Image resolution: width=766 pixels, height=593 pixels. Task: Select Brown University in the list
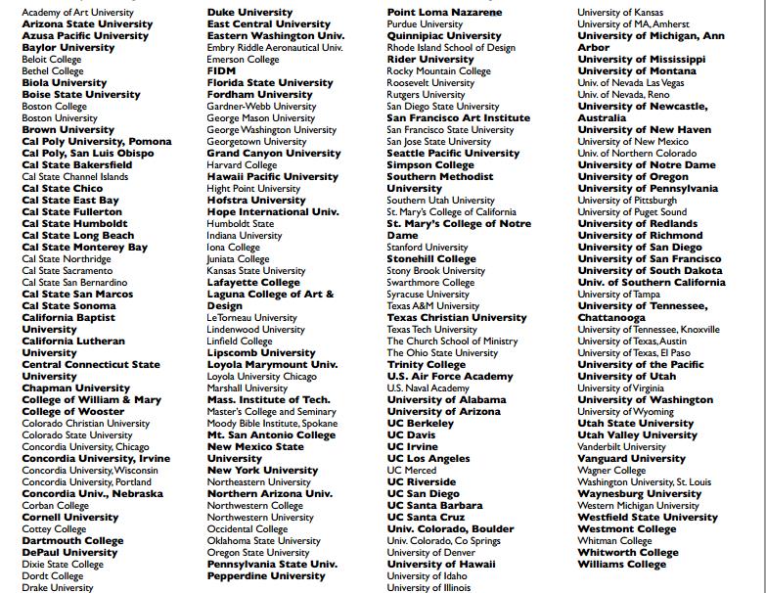pos(68,129)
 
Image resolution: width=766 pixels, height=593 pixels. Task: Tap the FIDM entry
pos(221,70)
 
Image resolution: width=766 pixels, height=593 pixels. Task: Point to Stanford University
pos(428,247)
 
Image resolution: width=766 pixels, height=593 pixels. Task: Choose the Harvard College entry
pos(243,164)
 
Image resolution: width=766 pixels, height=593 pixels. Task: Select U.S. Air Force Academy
pos(450,376)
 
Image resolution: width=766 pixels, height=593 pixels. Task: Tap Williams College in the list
pos(621,564)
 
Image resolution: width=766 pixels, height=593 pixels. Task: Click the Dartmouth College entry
pos(72,540)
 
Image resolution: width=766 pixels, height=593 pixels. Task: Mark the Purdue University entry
pos(425,23)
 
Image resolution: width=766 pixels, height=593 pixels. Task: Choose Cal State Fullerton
pos(72,211)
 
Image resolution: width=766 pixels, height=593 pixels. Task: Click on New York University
pos(262,470)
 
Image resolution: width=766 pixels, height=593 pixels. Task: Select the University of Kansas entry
pos(619,12)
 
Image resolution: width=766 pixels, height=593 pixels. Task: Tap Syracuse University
pos(428,294)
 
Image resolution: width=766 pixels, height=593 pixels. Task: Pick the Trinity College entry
pos(427,364)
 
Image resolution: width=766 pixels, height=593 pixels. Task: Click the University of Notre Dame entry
pos(647,164)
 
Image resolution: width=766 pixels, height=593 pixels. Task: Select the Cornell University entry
pos(70,517)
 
